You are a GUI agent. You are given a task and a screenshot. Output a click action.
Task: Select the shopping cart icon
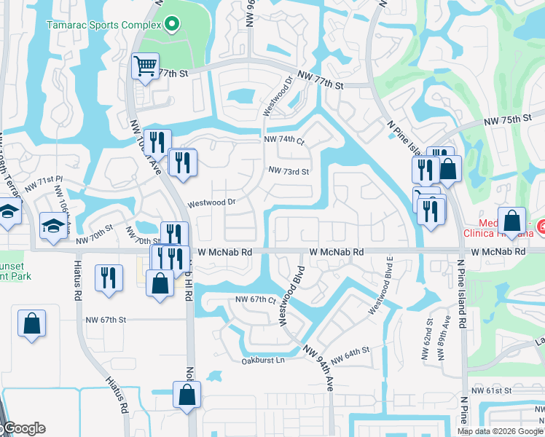[145, 68]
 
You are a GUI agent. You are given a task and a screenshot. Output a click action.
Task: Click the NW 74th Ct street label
[283, 139]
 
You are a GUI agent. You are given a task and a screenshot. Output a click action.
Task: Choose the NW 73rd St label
[289, 171]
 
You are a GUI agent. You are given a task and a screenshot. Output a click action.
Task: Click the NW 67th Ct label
[256, 300]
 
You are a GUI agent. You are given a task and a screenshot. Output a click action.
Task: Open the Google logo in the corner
[23, 428]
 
